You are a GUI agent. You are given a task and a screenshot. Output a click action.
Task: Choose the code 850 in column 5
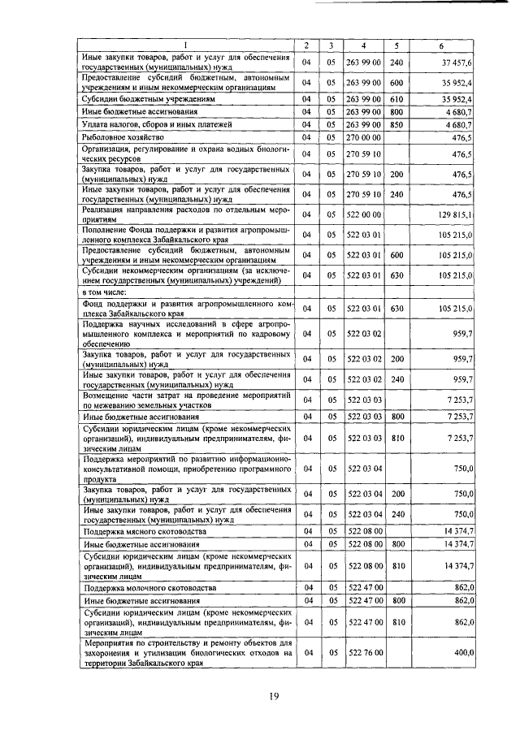[396, 125]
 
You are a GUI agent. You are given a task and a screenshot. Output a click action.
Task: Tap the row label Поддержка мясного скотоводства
[136, 530]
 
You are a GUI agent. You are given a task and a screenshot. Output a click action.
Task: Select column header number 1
[186, 44]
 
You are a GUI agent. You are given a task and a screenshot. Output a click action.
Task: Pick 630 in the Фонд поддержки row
[396, 309]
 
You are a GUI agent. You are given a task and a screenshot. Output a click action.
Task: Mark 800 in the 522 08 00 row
[396, 543]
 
